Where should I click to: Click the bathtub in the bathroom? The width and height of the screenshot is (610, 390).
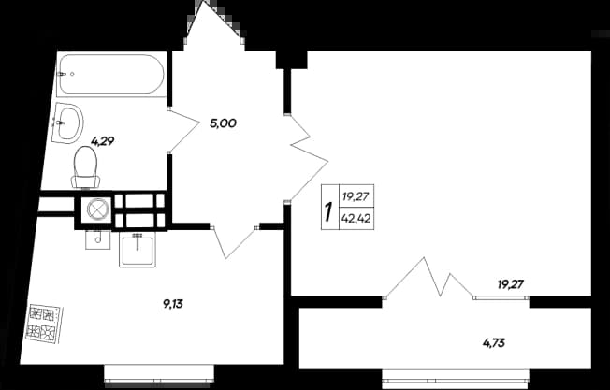[111, 74]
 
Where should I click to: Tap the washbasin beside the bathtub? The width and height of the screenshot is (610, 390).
[67, 123]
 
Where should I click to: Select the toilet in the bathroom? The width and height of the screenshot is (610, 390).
[85, 167]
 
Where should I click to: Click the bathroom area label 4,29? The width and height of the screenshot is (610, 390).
[102, 141]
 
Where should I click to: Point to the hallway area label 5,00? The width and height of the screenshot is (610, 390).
[223, 123]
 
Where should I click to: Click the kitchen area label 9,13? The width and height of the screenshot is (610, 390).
[173, 304]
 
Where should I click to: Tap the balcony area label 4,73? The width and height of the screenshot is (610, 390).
[494, 343]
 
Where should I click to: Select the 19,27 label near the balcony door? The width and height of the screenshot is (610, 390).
[511, 284]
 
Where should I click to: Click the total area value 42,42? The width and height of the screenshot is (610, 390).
[356, 219]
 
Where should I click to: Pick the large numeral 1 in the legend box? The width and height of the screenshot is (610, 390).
[329, 211]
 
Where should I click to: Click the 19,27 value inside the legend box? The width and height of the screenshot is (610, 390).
[356, 196]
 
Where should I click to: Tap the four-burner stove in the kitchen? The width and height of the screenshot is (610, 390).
[44, 324]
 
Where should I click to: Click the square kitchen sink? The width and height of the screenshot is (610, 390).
[138, 250]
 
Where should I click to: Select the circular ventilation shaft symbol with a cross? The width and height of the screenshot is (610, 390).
[96, 209]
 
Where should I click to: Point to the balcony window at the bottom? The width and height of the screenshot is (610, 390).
[456, 379]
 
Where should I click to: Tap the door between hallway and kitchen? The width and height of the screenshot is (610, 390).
[234, 242]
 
